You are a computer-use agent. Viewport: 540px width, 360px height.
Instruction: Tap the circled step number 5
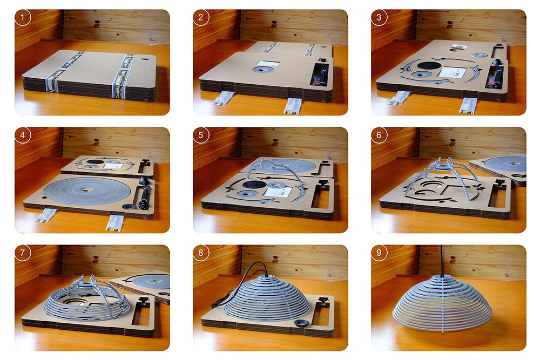pyautogui.click(x=201, y=135)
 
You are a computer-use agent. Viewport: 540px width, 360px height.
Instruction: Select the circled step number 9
pyautogui.click(x=379, y=253)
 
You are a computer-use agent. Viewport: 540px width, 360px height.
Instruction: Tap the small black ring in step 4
pyautogui.click(x=130, y=206)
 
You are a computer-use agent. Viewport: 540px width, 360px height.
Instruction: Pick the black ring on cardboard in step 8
pyautogui.click(x=300, y=323)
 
